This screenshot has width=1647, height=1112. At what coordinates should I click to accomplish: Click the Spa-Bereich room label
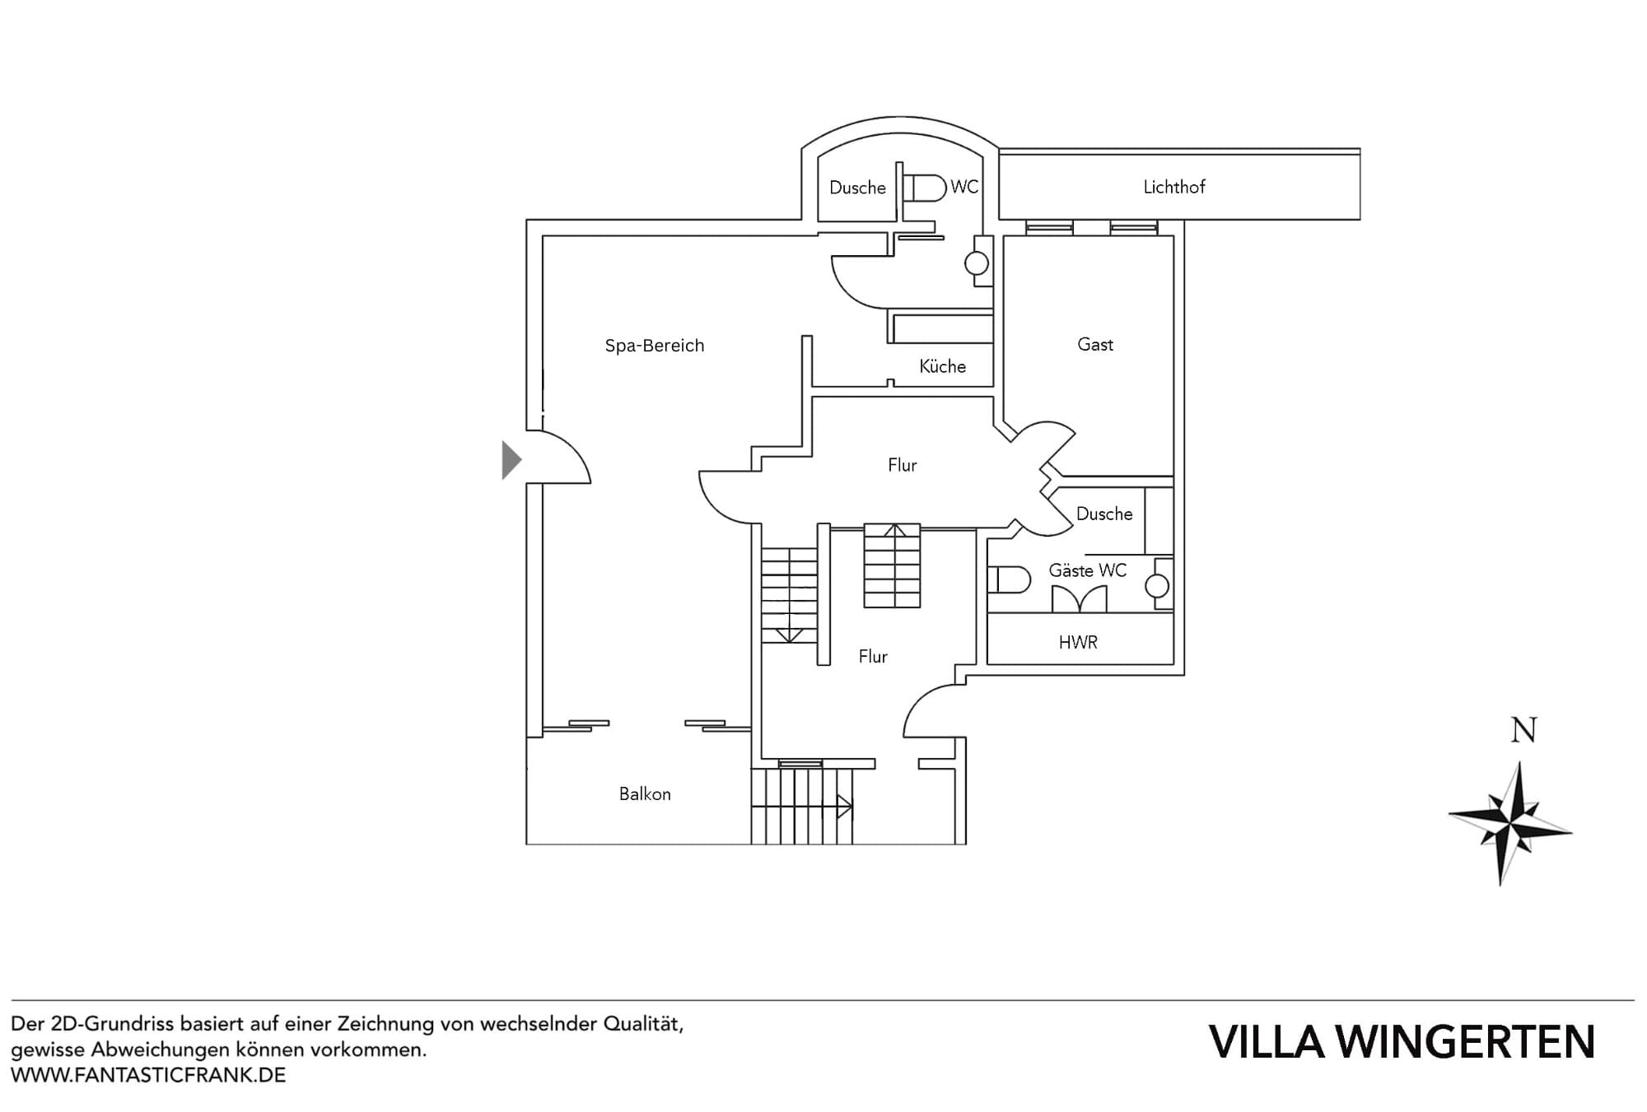(655, 346)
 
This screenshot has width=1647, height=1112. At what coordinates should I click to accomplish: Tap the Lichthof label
(1173, 187)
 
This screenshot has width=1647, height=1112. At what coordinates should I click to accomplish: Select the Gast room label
(1094, 344)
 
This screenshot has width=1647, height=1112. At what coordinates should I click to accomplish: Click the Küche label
(942, 366)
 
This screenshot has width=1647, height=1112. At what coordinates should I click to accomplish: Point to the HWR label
(1078, 642)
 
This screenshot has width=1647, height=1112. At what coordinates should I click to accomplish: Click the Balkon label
(645, 794)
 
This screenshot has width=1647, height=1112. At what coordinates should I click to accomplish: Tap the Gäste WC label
(1087, 570)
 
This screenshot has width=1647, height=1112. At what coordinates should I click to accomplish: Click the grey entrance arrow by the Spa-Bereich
(511, 460)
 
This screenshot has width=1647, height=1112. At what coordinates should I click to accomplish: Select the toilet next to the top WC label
(926, 188)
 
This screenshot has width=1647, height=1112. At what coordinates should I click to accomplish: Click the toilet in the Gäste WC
(1010, 580)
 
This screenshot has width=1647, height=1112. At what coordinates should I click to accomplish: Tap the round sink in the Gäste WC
(1157, 586)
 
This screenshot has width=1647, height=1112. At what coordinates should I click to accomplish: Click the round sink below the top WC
(977, 263)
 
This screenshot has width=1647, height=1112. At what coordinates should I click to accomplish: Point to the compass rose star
(1512, 823)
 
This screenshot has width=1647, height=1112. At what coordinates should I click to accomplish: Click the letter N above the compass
(1523, 730)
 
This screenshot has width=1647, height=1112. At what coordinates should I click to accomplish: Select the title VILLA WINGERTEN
(1402, 1042)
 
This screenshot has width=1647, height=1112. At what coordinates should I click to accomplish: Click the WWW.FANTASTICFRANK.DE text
(148, 1075)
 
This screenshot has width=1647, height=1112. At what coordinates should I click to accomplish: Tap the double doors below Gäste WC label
(1079, 598)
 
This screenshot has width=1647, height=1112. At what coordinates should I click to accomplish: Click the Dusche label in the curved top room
(857, 188)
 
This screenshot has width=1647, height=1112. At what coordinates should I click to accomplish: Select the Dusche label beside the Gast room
(1104, 514)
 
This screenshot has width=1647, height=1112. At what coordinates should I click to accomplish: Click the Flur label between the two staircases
(873, 656)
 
